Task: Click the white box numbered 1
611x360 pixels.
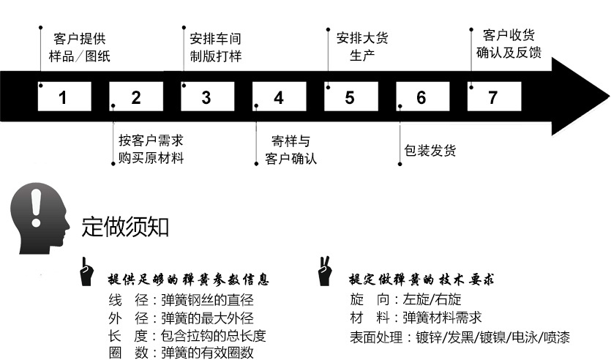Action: click(x=64, y=97)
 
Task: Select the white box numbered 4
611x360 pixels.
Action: click(x=279, y=97)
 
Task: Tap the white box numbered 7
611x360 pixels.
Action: click(x=494, y=97)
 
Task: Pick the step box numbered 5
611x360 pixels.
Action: click(x=351, y=97)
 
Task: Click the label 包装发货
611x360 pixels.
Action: click(x=430, y=151)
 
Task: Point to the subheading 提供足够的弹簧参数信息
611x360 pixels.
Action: click(x=188, y=280)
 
